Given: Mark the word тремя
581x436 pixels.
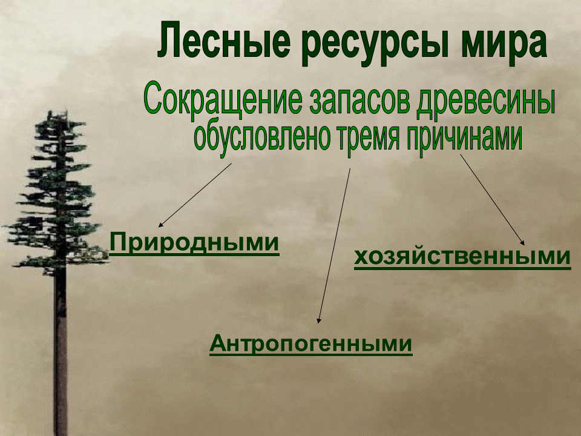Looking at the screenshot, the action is (x=369, y=139).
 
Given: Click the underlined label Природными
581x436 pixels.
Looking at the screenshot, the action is (x=194, y=243).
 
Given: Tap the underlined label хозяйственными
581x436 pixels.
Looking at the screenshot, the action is (x=462, y=257).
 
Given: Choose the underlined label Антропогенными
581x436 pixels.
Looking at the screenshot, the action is (x=311, y=344).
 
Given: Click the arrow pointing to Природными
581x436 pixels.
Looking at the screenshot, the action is (x=195, y=195).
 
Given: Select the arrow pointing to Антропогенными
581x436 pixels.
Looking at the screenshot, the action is (x=333, y=246).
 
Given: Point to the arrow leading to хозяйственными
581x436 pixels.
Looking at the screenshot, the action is (x=493, y=200).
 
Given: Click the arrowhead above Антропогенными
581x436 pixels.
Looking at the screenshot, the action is (x=318, y=321).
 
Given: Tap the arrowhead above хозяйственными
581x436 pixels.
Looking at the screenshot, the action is (x=523, y=243).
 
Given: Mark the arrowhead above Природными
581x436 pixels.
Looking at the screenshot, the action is (x=160, y=225).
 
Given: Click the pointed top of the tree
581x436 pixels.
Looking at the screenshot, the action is (x=62, y=111).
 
